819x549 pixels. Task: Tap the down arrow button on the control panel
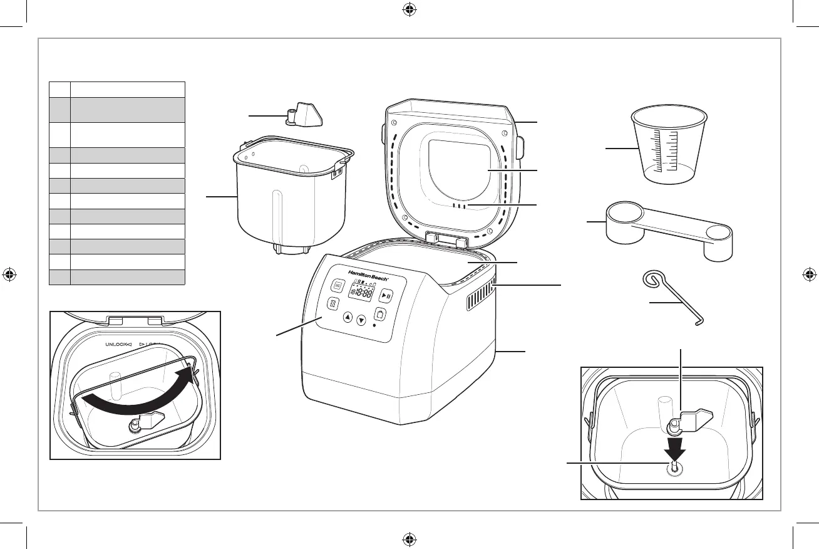coord(361,321)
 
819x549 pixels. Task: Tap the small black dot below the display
coord(374,325)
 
